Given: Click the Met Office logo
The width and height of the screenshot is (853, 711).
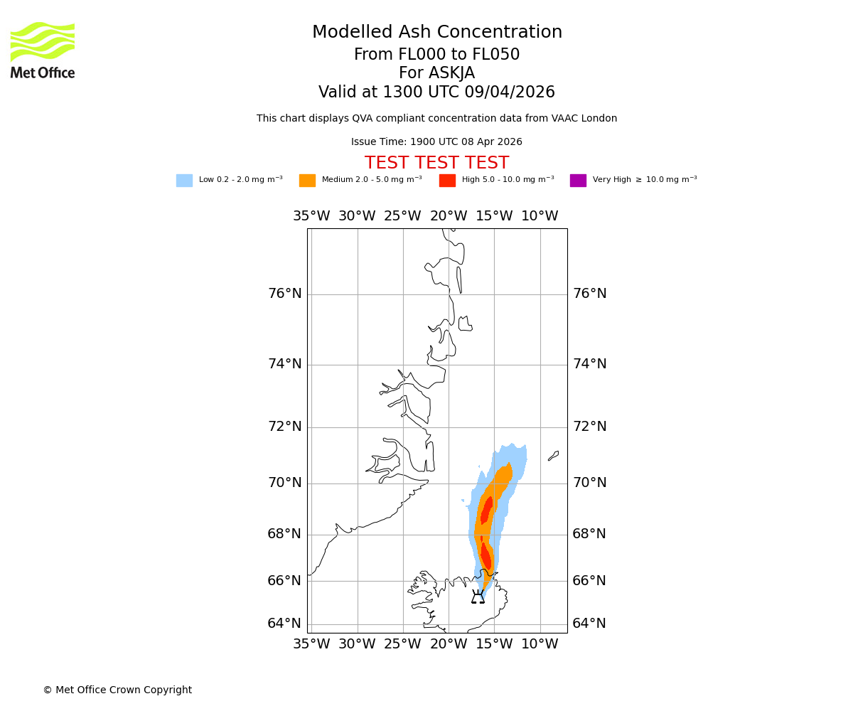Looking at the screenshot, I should tap(43, 50).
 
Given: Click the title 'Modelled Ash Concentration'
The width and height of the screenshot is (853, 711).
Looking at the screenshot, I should tap(437, 33).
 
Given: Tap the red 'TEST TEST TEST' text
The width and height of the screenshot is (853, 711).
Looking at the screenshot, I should tap(436, 164).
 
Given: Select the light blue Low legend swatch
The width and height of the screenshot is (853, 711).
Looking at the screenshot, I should tap(184, 181).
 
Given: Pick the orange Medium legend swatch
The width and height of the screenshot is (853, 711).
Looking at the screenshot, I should tap(307, 181).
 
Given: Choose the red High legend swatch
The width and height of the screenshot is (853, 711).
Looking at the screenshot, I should tap(447, 181).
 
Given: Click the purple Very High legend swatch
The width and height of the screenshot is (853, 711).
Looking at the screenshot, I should tap(578, 181).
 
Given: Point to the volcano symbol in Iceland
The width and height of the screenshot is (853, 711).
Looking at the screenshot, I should tap(478, 597).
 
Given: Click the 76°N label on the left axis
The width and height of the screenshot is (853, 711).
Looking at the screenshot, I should tap(284, 294).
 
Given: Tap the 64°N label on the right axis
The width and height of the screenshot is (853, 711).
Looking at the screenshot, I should tap(589, 624).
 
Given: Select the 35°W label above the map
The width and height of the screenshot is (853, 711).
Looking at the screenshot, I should tap(311, 216).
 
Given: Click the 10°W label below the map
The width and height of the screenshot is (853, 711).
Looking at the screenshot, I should tap(540, 644).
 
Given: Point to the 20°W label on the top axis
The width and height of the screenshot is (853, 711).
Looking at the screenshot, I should tap(449, 216).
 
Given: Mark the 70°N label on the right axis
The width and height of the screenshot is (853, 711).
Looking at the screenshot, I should tap(589, 483).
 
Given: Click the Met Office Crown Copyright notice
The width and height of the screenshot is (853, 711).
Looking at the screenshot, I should tap(117, 690).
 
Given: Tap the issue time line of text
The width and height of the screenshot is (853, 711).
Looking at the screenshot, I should tap(436, 142).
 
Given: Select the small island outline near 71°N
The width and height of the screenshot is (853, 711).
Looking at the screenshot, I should tap(553, 456).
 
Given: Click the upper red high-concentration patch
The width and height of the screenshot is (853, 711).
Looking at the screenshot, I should tap(486, 510).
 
